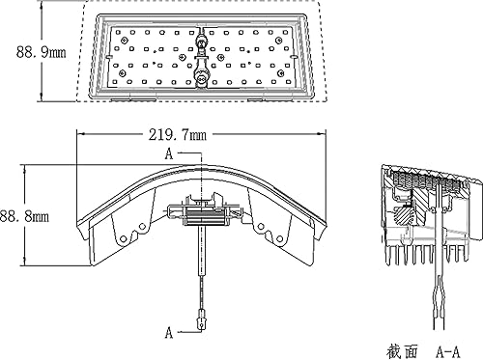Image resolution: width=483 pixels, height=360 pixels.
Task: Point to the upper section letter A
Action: [169, 154]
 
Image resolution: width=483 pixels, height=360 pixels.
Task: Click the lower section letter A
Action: [169, 332]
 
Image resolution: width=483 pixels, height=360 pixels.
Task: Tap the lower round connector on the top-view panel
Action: [202, 75]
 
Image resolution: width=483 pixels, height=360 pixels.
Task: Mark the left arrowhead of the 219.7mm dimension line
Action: [80, 135]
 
